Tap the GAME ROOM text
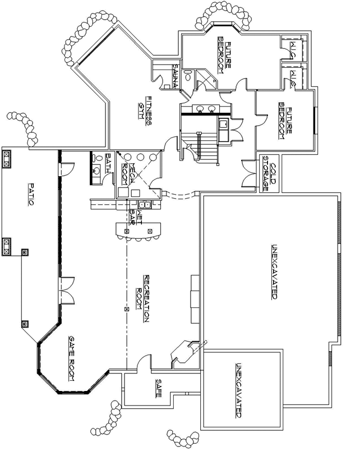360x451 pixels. [x=72, y=358]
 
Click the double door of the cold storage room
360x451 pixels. [x=247, y=171]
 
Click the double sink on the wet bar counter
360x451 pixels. [x=144, y=205]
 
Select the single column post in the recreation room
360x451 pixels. [x=126, y=309]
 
